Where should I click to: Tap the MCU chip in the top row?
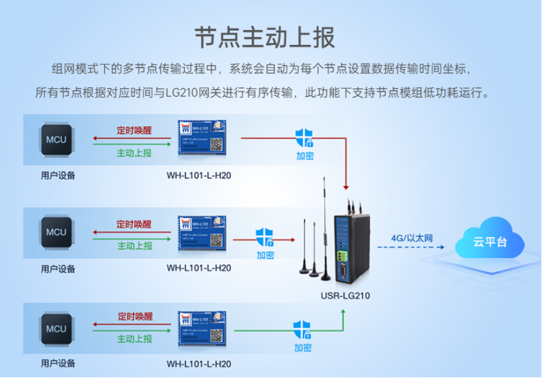point(56,139)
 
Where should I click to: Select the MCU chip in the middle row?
point(56,231)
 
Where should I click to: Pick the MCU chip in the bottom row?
point(56,327)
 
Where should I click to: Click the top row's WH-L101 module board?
point(202,138)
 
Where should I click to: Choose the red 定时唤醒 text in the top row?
point(134,129)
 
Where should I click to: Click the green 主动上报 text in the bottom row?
point(135,339)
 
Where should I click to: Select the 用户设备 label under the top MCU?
point(57,175)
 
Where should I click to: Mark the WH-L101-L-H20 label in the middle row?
point(198,267)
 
